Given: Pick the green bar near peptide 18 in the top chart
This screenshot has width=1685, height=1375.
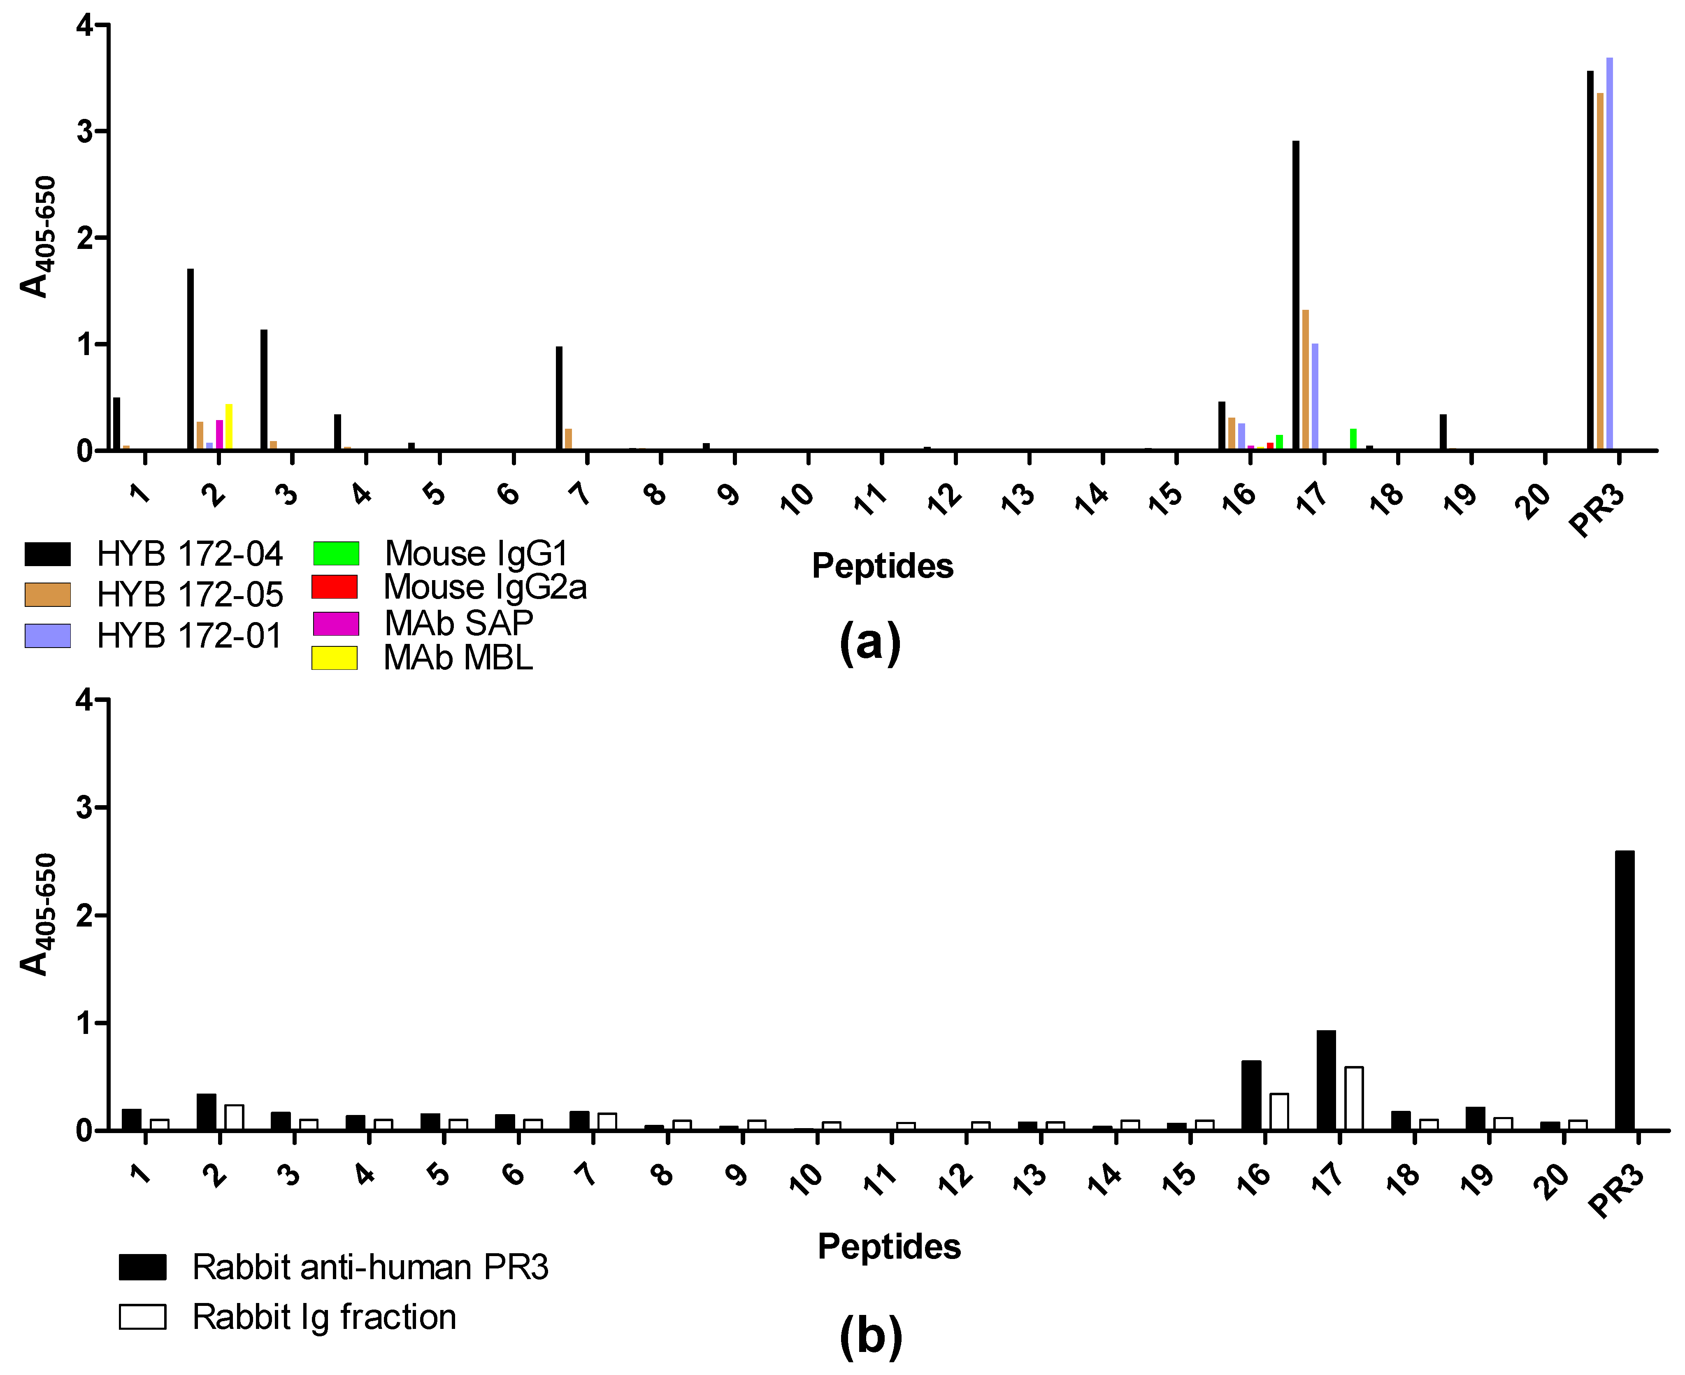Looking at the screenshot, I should [1353, 439].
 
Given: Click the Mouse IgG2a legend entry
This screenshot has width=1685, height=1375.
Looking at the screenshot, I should [485, 587].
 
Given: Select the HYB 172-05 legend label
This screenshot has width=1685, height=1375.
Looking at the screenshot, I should [189, 594].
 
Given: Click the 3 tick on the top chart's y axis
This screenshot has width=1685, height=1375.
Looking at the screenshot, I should [86, 132].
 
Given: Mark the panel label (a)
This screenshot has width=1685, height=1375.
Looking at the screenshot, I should [870, 641].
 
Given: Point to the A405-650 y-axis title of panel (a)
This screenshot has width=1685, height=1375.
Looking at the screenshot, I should [37, 236].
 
